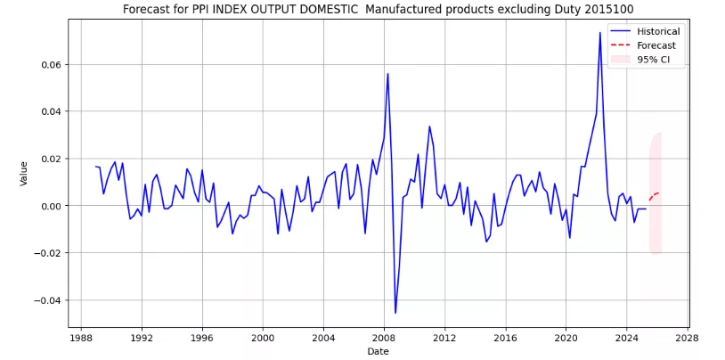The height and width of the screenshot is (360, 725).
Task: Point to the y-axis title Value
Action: (24, 173)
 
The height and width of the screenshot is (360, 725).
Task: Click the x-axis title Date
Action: (378, 352)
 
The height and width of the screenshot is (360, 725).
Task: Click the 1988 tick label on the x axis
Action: (80, 339)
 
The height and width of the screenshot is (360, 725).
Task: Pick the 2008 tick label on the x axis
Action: (384, 339)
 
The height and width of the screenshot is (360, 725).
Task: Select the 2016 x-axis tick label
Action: (505, 339)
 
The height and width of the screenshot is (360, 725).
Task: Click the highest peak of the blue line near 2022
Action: (599, 33)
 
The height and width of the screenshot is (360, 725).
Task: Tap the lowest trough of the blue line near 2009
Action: (395, 313)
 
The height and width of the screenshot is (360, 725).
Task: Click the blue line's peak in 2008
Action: (387, 74)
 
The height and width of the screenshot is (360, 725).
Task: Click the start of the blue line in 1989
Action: (95, 167)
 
